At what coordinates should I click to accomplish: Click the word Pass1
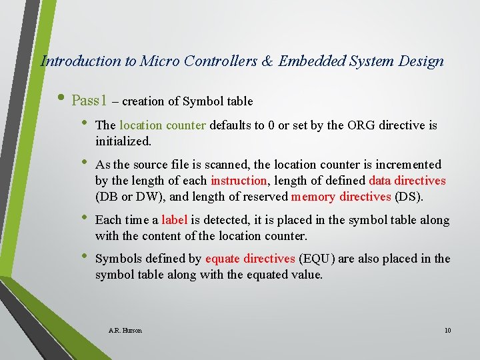(x=89, y=101)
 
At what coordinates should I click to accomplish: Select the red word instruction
(x=238, y=181)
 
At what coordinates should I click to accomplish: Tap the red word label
(x=175, y=220)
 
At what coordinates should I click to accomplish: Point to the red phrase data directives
(x=407, y=181)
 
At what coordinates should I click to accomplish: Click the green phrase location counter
(x=163, y=125)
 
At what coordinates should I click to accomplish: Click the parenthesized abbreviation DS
(x=408, y=197)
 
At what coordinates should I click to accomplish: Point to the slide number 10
(x=447, y=331)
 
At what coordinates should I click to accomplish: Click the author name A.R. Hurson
(x=125, y=331)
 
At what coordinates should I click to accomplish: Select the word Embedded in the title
(x=310, y=61)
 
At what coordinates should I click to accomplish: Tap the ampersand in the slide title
(x=267, y=61)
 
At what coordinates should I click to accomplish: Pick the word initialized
(x=123, y=141)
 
